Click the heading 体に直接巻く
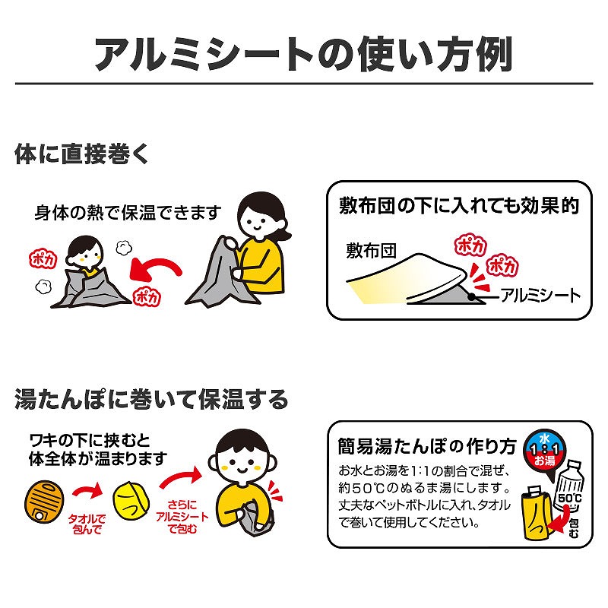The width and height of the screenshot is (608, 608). [x=83, y=154]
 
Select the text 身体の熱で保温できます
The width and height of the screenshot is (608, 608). [x=128, y=212]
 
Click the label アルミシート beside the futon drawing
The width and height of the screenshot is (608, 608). [x=540, y=295]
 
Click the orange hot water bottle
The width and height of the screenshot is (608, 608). [x=45, y=499]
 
